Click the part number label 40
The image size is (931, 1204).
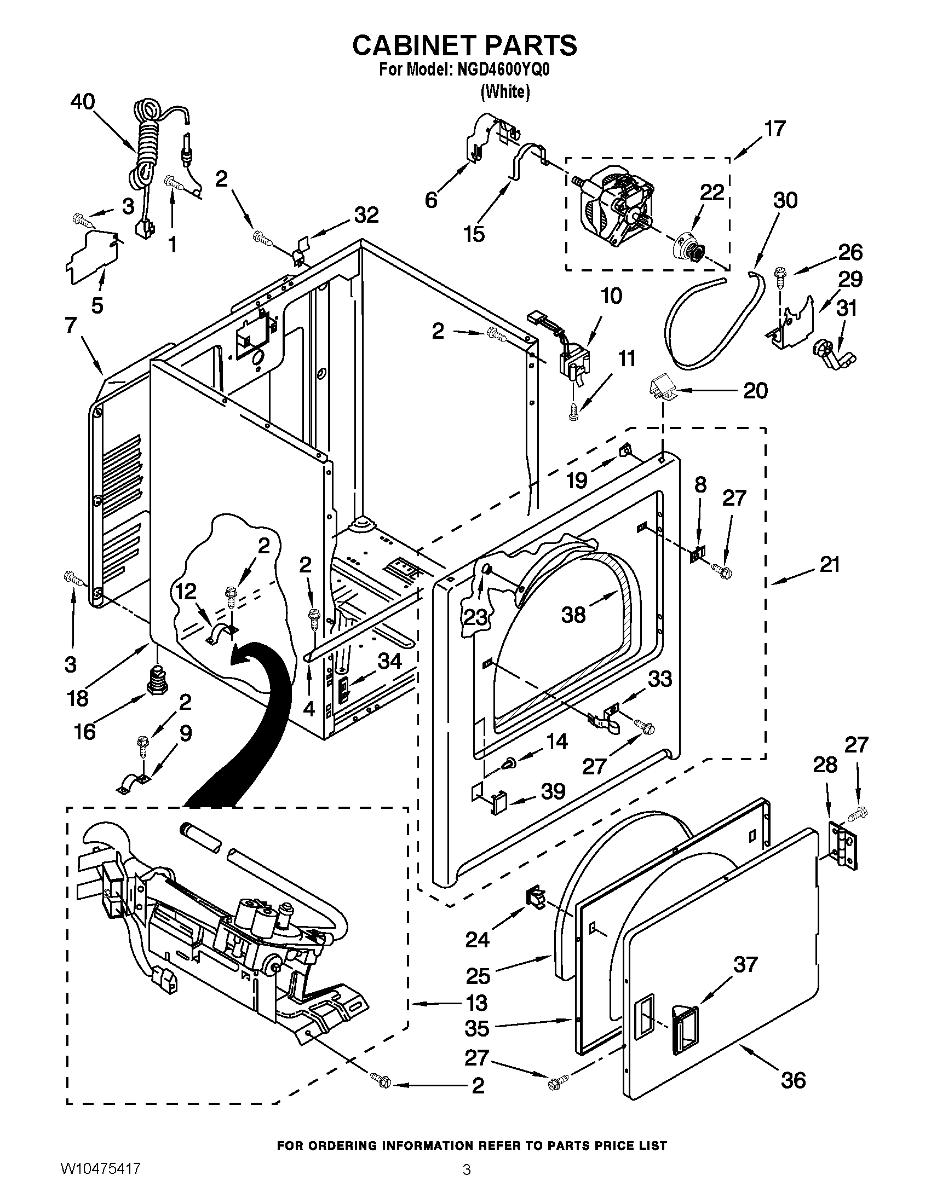click(x=82, y=102)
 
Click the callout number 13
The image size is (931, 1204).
click(x=476, y=1003)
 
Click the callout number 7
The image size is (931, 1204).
click(x=70, y=325)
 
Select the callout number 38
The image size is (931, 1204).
click(x=573, y=614)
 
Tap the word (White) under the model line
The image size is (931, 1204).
click(x=505, y=92)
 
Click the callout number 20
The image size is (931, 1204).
click(x=755, y=391)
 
